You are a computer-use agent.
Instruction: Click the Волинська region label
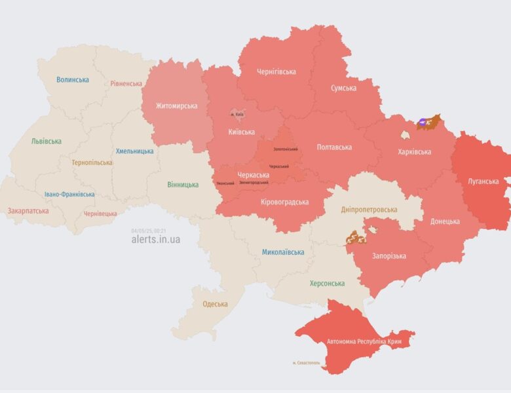73,80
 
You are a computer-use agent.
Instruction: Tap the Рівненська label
126,84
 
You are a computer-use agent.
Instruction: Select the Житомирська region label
176,106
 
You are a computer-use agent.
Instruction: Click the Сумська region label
343,88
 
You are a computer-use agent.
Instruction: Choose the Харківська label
414,152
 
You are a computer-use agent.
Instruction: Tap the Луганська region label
483,181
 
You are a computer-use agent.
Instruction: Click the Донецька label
445,221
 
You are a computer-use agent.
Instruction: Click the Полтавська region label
334,147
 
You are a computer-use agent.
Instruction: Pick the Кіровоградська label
284,202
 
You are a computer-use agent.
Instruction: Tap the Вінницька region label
183,185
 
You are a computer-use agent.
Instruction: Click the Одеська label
215,304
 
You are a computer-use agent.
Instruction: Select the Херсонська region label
327,284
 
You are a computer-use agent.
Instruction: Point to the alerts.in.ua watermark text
155,240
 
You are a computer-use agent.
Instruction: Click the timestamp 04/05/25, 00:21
149,231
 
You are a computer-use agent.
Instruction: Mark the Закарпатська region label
28,212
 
